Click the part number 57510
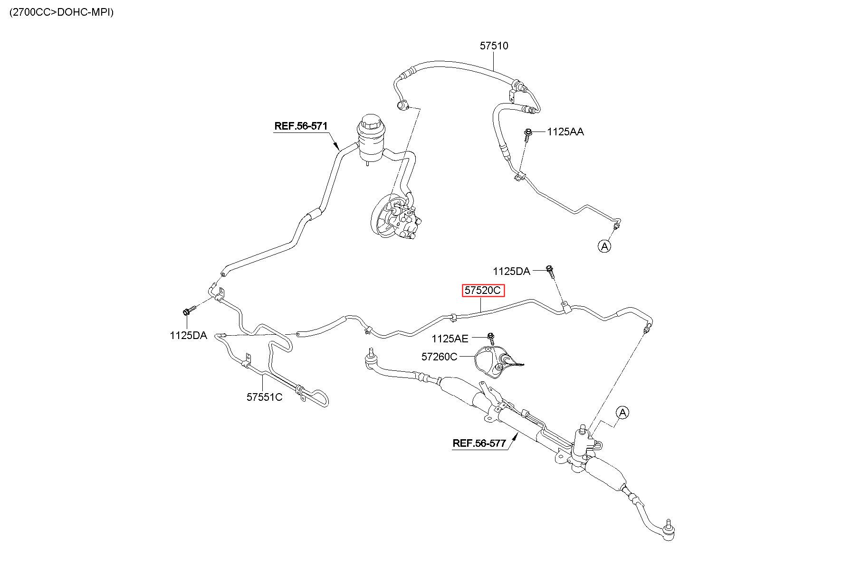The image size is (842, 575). click(x=494, y=46)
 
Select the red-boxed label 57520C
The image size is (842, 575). click(x=483, y=290)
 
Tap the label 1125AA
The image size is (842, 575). click(x=565, y=132)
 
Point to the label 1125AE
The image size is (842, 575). click(x=450, y=339)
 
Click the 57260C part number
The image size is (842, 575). click(x=439, y=357)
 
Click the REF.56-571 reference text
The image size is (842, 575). click(x=301, y=126)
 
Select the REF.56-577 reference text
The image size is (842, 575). click(x=479, y=443)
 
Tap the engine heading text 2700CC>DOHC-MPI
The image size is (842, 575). click(x=61, y=12)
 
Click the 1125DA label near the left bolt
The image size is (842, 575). click(x=188, y=336)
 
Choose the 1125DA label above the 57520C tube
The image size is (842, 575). click(x=511, y=272)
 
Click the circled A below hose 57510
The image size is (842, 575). click(x=604, y=246)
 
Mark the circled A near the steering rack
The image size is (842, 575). click(x=622, y=413)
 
